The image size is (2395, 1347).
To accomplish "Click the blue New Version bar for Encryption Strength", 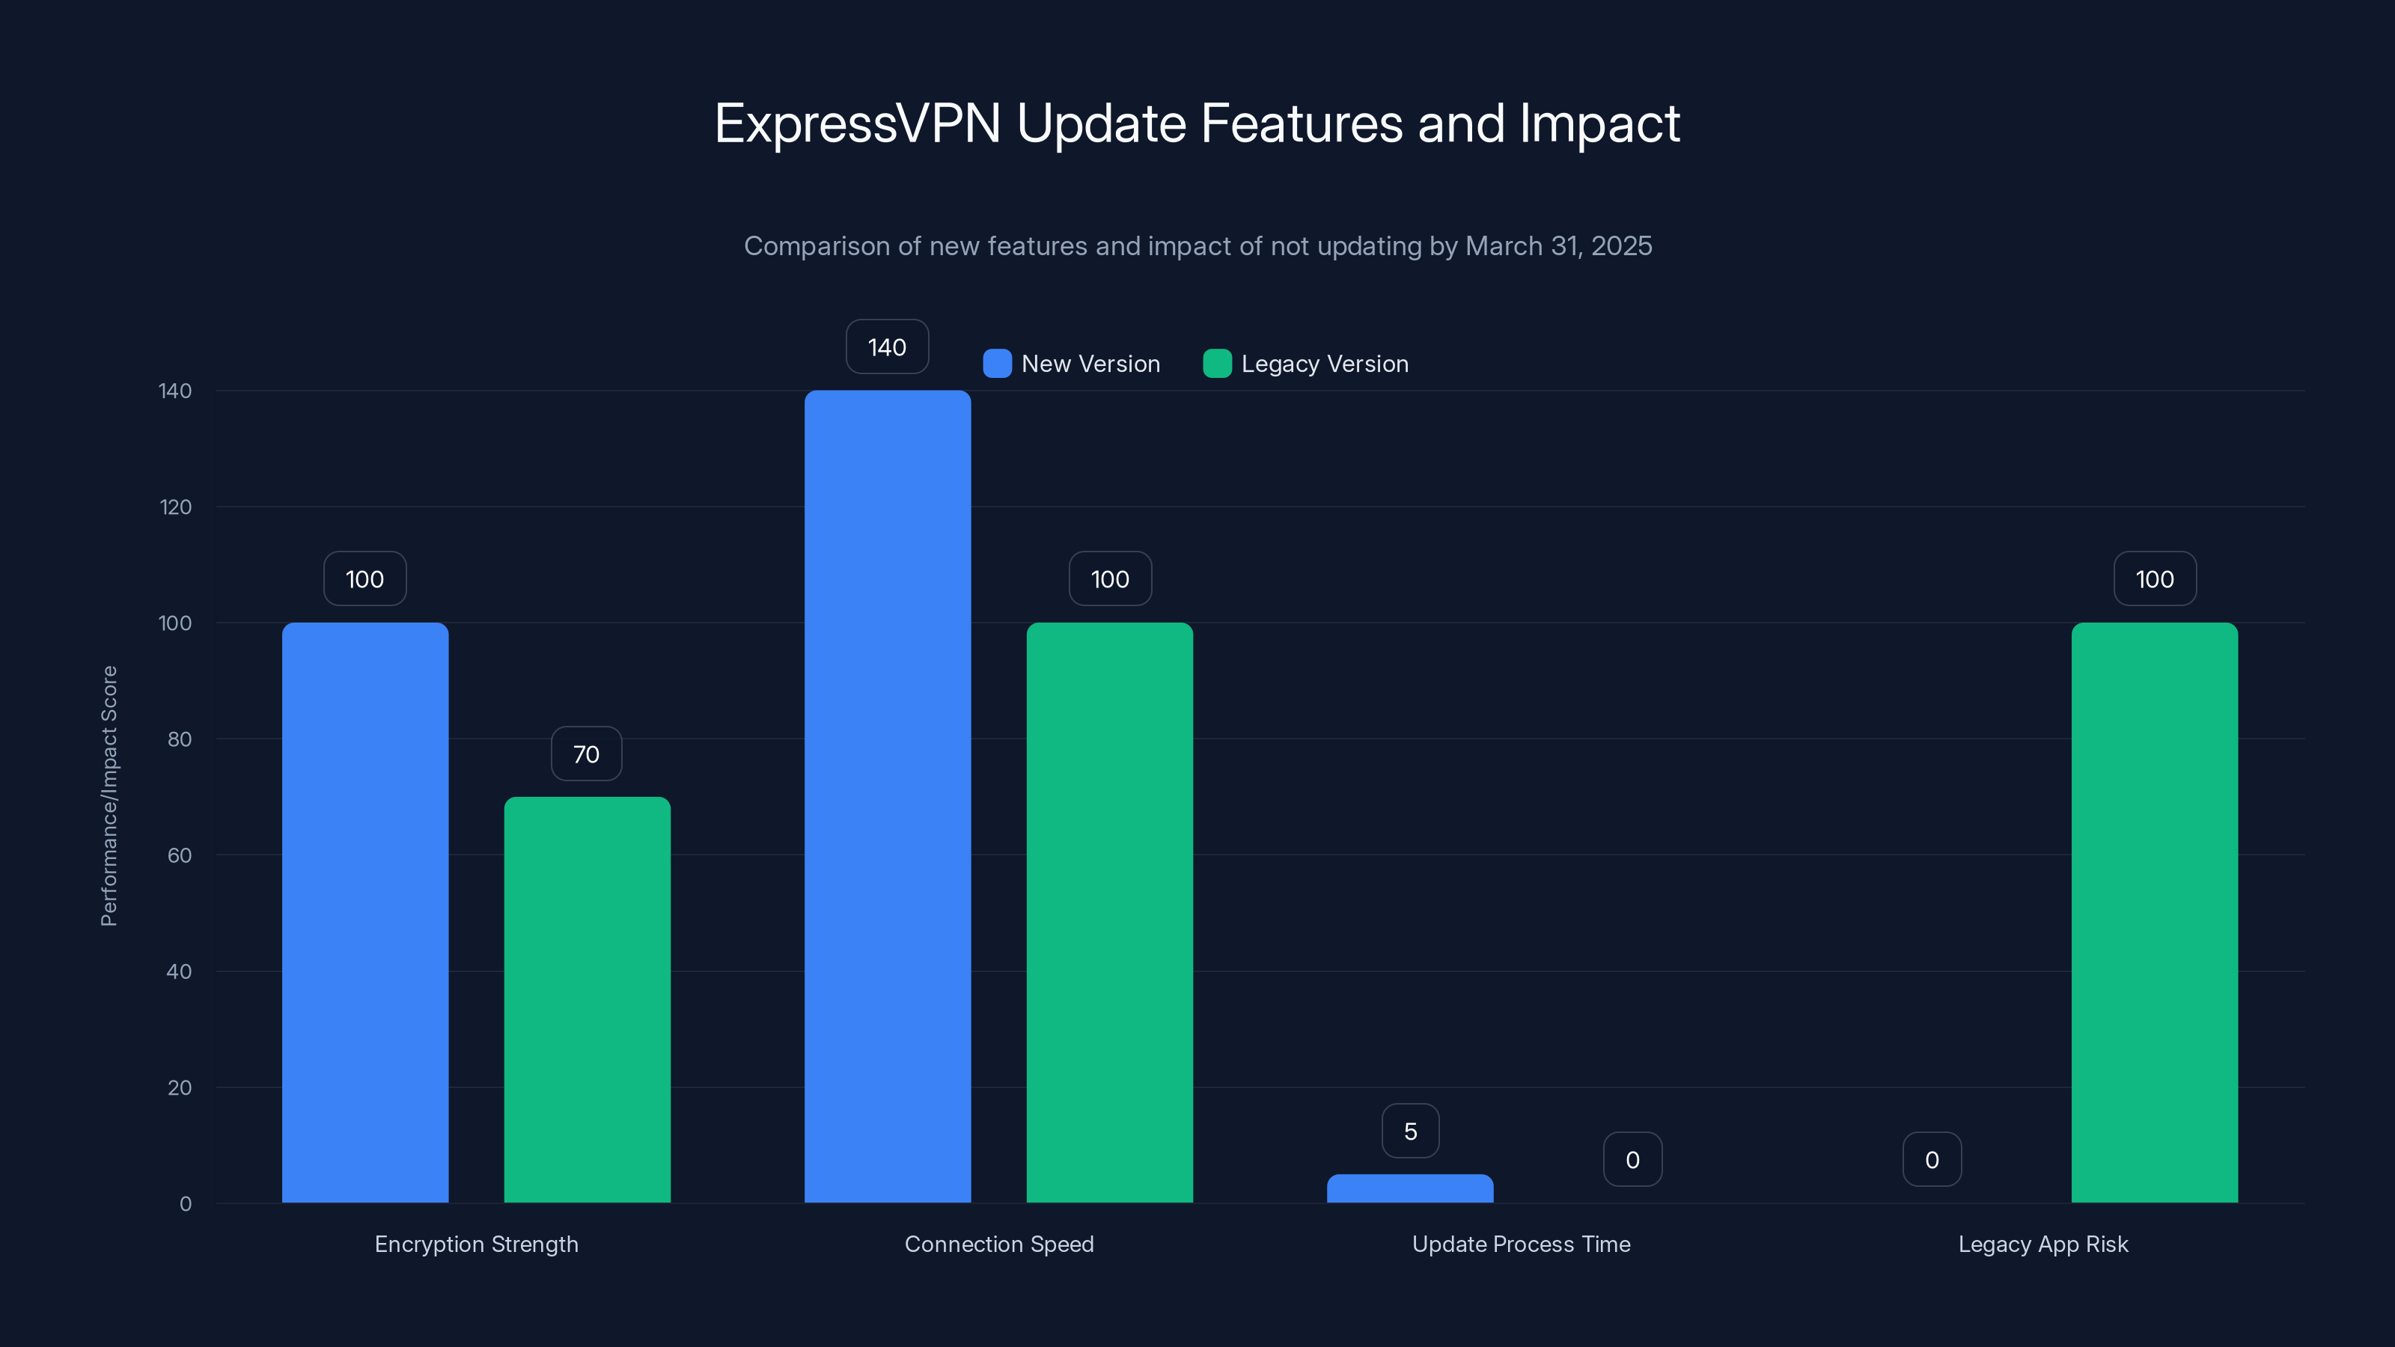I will [364, 911].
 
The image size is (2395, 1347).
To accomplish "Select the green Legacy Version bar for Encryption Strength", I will [587, 999].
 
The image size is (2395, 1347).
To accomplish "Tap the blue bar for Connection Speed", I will [887, 795].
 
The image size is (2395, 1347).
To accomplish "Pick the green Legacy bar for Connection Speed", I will [1109, 911].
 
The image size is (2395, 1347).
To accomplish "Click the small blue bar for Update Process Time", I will [1409, 1189].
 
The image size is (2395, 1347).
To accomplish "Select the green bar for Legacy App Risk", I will [2154, 911].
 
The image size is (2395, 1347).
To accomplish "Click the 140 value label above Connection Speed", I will [887, 346].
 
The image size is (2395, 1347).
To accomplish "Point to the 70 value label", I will [586, 754].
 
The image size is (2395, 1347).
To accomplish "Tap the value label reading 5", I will [1410, 1131].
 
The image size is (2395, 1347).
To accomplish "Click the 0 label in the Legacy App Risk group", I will [1932, 1159].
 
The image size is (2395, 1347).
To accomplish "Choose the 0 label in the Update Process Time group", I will [1632, 1159].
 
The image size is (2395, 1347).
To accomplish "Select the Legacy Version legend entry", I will [1306, 364].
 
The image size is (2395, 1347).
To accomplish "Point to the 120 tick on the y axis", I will [176, 507].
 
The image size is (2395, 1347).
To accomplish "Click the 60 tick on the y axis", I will [180, 855].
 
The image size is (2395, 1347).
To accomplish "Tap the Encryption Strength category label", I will [476, 1244].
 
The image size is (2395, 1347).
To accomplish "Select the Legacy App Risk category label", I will [2042, 1244].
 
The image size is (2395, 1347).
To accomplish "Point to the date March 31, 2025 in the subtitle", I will [1558, 245].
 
